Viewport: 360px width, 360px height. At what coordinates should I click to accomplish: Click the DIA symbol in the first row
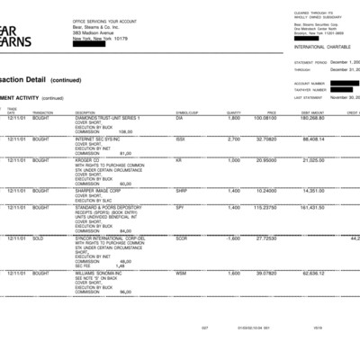point(180,118)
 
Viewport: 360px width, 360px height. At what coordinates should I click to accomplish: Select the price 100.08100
point(265,118)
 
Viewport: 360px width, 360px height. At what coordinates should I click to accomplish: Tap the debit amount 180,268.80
point(312,118)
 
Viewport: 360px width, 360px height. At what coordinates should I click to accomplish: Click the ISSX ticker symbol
point(181,139)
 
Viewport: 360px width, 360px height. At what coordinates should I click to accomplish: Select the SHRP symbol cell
point(182,191)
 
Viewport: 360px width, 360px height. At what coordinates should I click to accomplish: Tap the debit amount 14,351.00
point(313,191)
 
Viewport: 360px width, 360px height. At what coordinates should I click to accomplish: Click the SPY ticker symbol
point(180,207)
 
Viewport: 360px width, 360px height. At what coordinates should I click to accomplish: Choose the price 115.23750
point(265,207)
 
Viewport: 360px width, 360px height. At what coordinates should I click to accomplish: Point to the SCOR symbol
point(182,238)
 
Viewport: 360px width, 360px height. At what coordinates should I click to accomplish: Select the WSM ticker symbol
point(181,273)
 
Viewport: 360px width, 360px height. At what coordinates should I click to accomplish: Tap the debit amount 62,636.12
point(312,273)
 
